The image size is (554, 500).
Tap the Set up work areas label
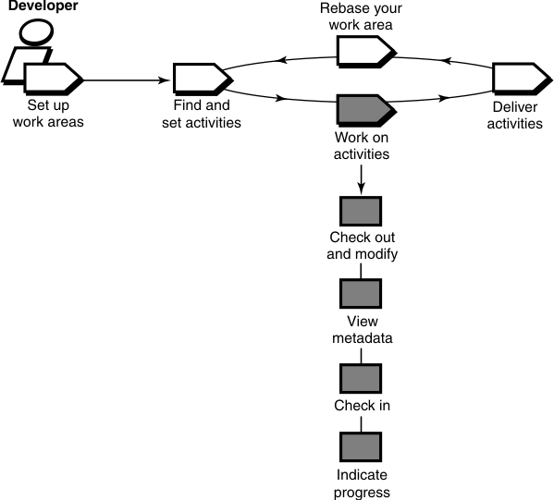coord(48,116)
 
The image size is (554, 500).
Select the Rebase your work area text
coord(363,18)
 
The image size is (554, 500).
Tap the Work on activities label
coord(361,147)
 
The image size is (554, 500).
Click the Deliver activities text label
coord(515,116)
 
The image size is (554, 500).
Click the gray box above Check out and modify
coord(361,212)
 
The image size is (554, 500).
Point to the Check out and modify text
coord(363,246)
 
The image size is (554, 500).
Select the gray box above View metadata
coord(361,295)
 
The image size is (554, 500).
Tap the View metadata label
coord(363,329)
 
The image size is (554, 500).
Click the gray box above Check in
coord(361,378)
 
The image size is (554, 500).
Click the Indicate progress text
coord(363,483)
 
